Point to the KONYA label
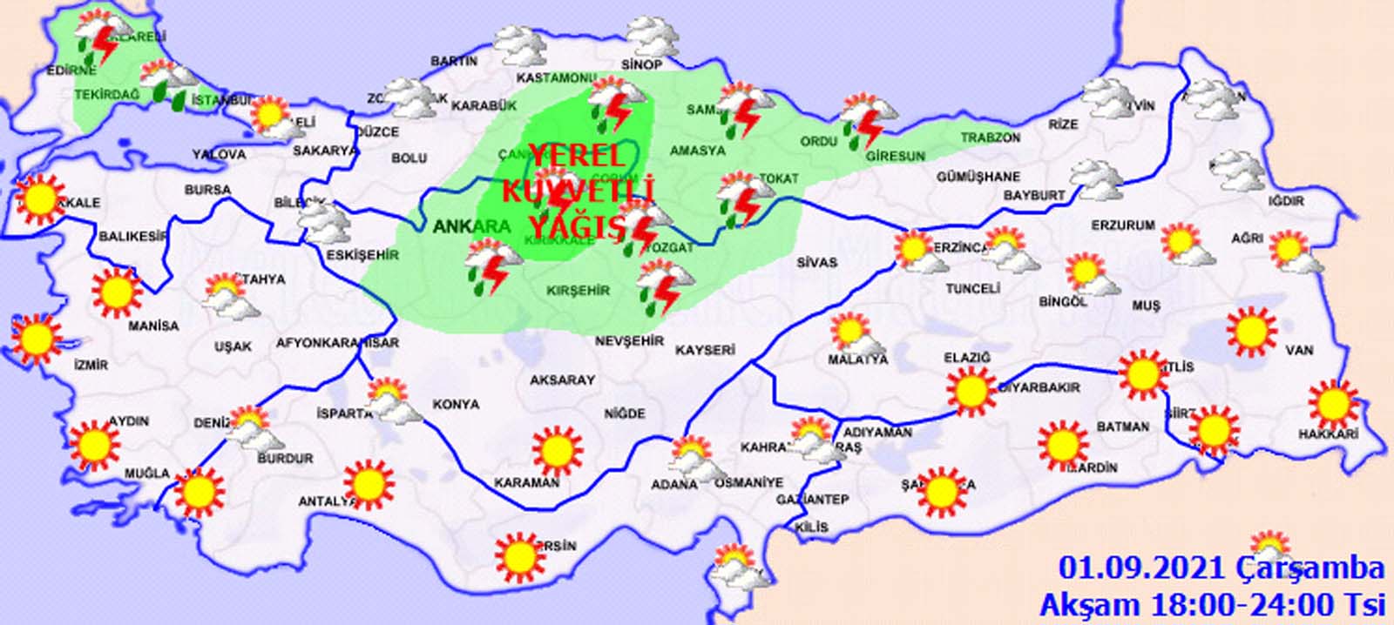coord(456,404)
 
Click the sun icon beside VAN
coord(1251,331)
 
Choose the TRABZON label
coord(990,138)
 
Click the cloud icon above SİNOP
coord(651,37)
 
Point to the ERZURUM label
coord(1122,225)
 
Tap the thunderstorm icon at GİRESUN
coord(865,121)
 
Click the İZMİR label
coord(91,365)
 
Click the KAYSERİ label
coord(705,350)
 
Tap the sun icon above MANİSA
coord(117,292)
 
